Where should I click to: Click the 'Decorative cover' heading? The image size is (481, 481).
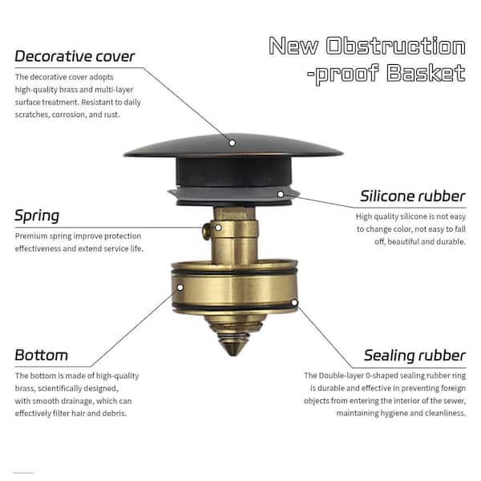pyautogui.click(x=75, y=57)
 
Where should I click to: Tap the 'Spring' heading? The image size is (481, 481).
pyautogui.click(x=37, y=216)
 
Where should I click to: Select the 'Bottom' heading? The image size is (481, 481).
pyautogui.click(x=41, y=354)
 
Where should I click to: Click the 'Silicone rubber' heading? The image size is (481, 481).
pyautogui.click(x=412, y=196)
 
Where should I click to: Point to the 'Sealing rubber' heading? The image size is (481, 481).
pyautogui.click(x=414, y=355)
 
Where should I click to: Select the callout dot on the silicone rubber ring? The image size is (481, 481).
pyautogui.click(x=281, y=192)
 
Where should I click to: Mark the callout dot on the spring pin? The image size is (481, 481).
pyautogui.click(x=206, y=232)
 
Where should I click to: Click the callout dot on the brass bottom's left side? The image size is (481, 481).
pyautogui.click(x=180, y=286)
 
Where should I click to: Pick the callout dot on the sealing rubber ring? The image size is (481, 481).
pyautogui.click(x=295, y=303)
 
